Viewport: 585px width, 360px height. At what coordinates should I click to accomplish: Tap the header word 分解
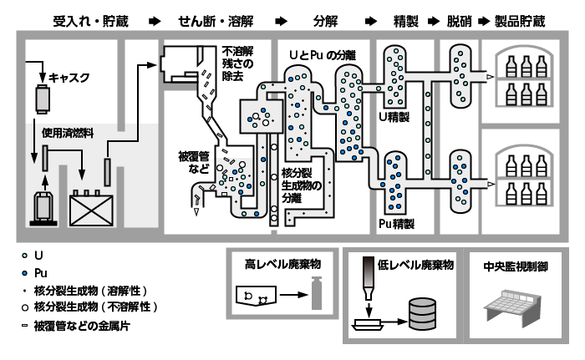[x=325, y=18]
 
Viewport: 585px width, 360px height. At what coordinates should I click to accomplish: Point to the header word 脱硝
[x=460, y=18]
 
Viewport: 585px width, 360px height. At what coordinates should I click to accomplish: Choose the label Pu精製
[x=396, y=223]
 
